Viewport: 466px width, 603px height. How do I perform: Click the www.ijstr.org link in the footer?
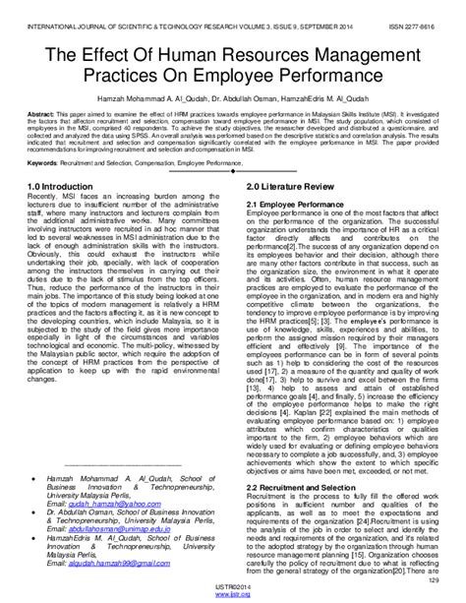tap(233, 596)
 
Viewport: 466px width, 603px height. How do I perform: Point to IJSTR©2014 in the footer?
tap(233, 588)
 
